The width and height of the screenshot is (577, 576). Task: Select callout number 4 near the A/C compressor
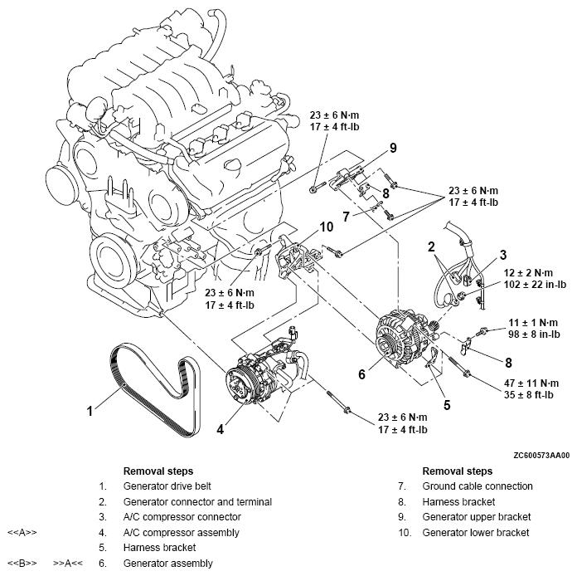pyautogui.click(x=220, y=431)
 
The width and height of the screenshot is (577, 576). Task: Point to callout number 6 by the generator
pyautogui.click(x=361, y=375)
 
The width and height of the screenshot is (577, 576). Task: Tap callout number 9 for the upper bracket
pyautogui.click(x=393, y=149)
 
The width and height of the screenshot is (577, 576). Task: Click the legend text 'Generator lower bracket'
pyautogui.click(x=476, y=532)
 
